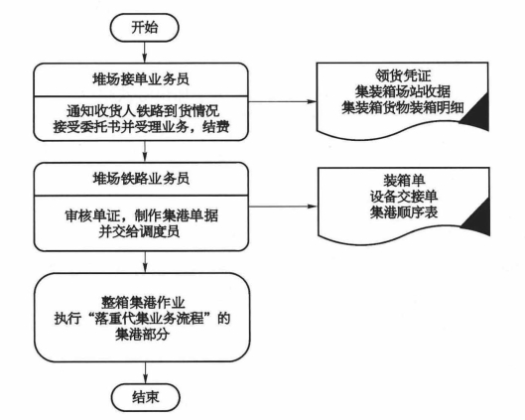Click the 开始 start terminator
(x=144, y=28)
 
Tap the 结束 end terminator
(x=145, y=397)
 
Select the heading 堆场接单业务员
(x=141, y=79)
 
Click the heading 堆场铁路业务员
(x=141, y=179)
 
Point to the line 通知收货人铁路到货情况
(x=143, y=111)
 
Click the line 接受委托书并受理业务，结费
(x=141, y=127)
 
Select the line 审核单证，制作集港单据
(x=141, y=215)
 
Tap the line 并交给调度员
(x=139, y=231)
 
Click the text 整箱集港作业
(x=143, y=303)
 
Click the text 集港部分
(x=142, y=334)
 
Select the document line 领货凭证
(x=403, y=75)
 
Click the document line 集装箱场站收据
(x=403, y=91)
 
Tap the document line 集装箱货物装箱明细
(x=403, y=107)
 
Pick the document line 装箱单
(x=404, y=181)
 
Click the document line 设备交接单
(x=404, y=197)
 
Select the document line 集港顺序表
(x=404, y=212)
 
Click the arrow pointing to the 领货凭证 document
(x=282, y=101)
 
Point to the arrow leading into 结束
(x=145, y=372)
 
